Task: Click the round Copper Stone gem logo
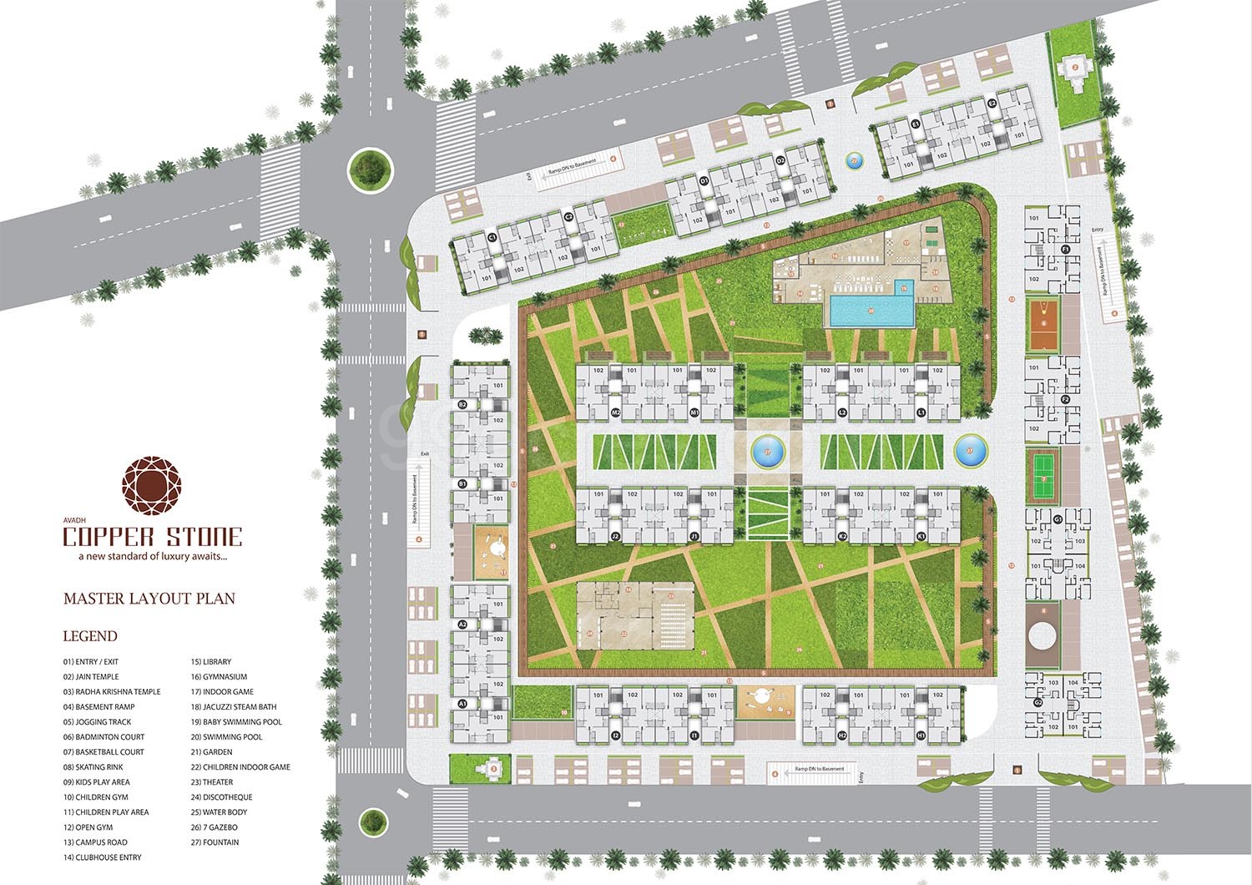[151, 486]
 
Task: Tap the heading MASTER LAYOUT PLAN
[149, 599]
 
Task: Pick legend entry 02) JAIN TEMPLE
[91, 677]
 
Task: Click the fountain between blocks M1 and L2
[768, 452]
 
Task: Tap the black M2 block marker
[616, 412]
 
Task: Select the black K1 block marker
[921, 536]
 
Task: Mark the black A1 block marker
[462, 705]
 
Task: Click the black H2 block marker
[842, 736]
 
